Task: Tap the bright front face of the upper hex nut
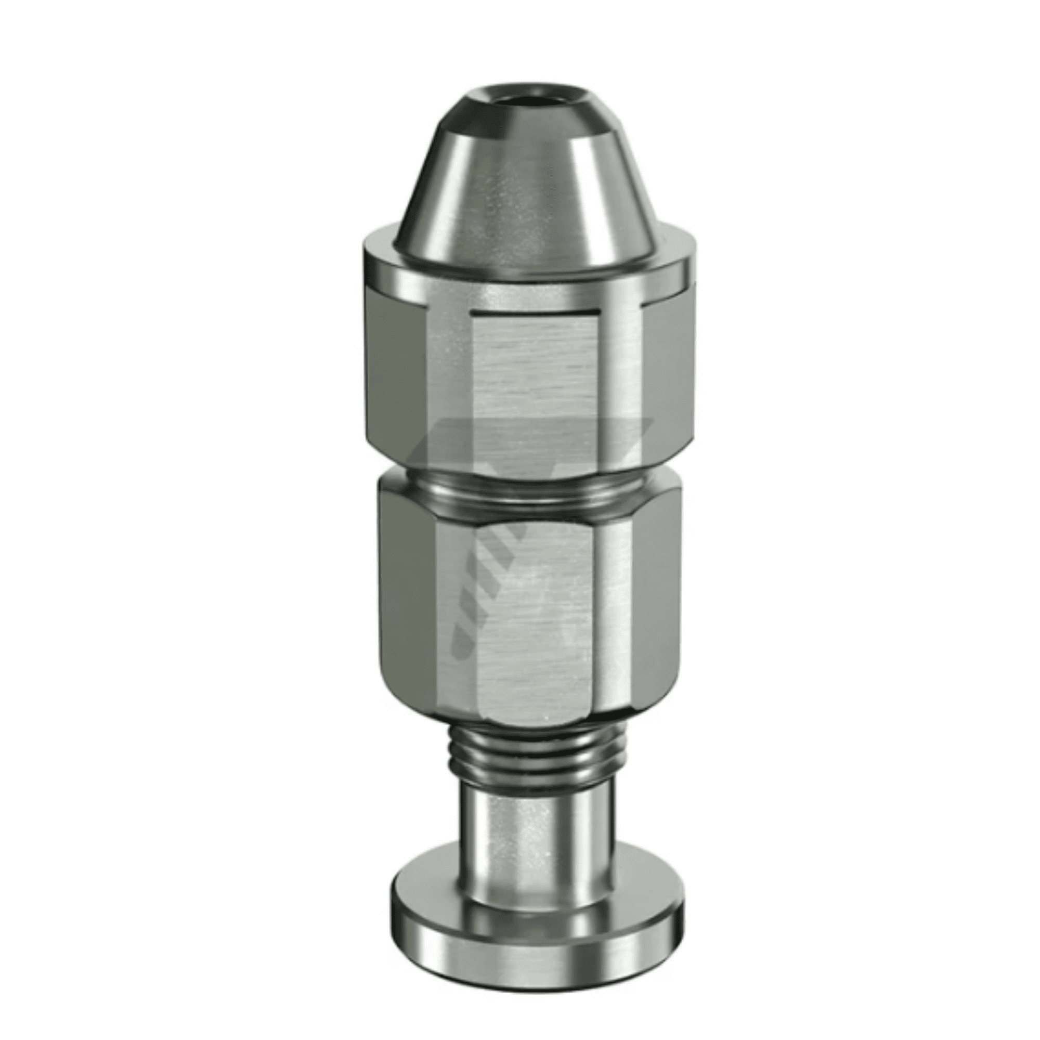pyautogui.click(x=536, y=377)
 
